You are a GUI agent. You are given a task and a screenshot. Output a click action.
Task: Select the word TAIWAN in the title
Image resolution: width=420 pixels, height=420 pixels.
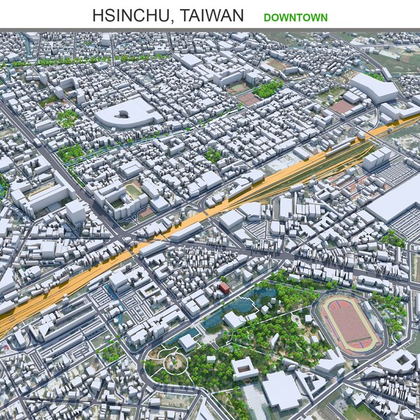pyautogui.click(x=209, y=15)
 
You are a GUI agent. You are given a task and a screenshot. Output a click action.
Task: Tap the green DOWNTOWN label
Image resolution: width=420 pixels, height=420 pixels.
pyautogui.click(x=295, y=16)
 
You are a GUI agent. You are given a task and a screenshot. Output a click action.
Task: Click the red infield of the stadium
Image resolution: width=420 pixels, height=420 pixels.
pyautogui.click(x=351, y=323)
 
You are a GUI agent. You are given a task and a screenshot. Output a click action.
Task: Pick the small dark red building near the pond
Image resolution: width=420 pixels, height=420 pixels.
pyautogui.click(x=224, y=288)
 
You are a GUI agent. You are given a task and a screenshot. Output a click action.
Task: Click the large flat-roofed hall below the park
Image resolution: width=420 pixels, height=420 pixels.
pyautogui.click(x=282, y=389)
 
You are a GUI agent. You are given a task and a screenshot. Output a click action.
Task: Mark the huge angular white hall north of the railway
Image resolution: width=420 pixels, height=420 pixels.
pyautogui.click(x=372, y=88)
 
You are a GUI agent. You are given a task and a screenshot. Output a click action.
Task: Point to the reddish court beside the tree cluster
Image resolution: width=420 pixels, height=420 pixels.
pyautogui.click(x=248, y=99)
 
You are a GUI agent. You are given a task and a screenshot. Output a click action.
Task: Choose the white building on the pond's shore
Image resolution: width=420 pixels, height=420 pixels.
pyautogui.click(x=233, y=319)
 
